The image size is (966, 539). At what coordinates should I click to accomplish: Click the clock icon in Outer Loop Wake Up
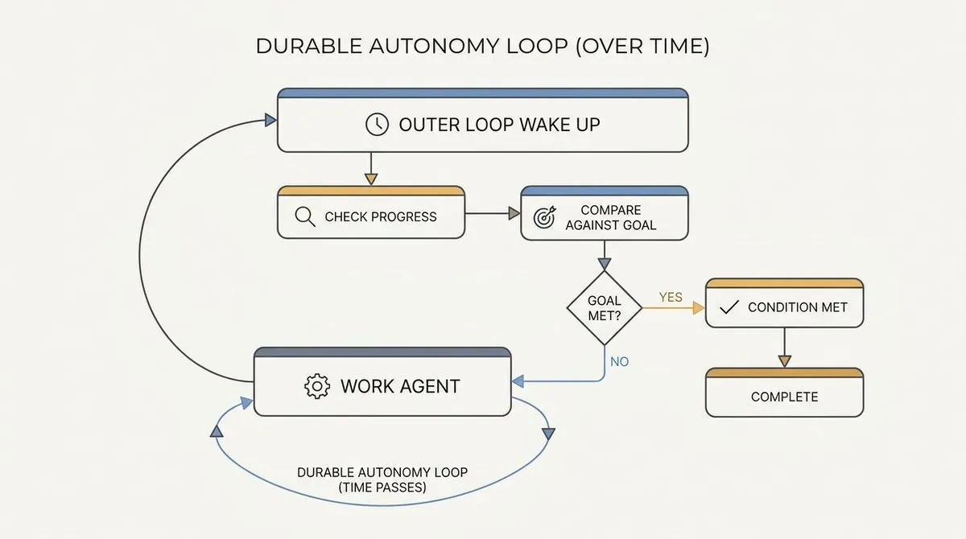(x=377, y=125)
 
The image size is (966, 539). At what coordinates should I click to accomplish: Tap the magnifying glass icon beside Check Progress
(x=305, y=216)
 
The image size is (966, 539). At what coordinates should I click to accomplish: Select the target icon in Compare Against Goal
(x=545, y=217)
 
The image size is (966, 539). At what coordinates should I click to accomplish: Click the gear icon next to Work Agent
(x=317, y=386)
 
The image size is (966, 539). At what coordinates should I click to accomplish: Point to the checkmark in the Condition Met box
(x=729, y=307)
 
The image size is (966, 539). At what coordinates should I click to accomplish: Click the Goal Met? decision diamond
(x=605, y=307)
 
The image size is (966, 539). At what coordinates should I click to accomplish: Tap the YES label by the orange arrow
(x=671, y=298)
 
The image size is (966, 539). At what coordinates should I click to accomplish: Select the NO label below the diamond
(x=619, y=362)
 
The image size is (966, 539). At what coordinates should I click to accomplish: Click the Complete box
(x=784, y=392)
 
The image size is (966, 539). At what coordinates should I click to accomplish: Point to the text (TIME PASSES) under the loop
(x=382, y=488)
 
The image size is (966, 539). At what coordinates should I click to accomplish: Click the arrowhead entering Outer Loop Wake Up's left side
(x=270, y=120)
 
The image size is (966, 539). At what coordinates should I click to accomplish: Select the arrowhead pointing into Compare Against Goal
(x=514, y=213)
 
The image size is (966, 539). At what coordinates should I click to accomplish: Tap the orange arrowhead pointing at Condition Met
(x=699, y=307)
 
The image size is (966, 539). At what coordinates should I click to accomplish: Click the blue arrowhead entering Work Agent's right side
(x=518, y=381)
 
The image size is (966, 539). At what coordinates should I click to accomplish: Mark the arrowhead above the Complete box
(x=784, y=361)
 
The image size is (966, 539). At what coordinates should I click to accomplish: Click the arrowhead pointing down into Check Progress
(x=371, y=179)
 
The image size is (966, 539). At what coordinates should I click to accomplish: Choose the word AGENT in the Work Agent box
(x=430, y=386)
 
